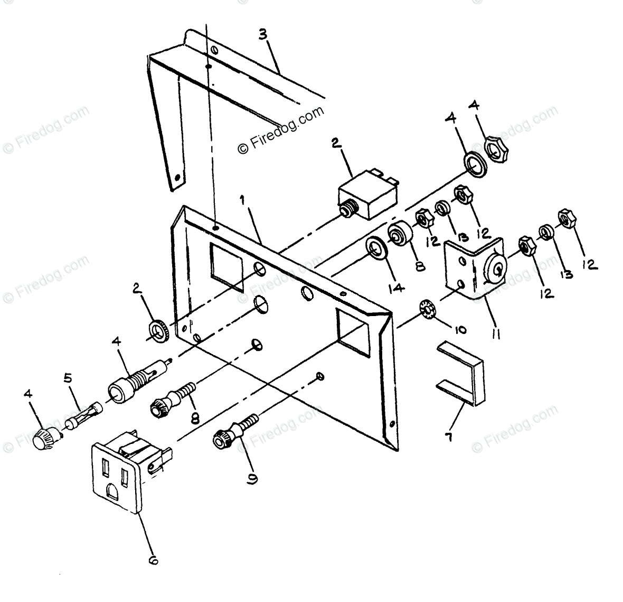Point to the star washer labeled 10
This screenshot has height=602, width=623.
click(x=426, y=308)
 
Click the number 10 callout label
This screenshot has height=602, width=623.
click(x=458, y=330)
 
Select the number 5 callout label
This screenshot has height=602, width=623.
click(x=67, y=378)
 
